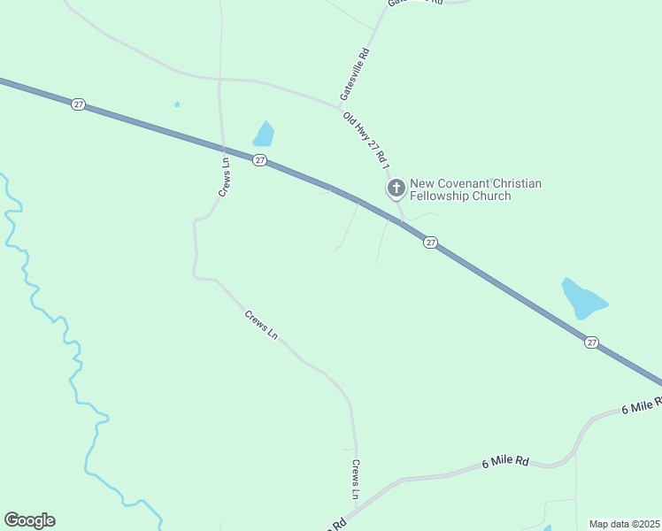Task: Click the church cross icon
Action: (396, 188)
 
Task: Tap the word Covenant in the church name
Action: (466, 183)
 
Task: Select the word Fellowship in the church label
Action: (443, 196)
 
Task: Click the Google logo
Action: (29, 520)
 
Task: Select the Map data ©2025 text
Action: (624, 524)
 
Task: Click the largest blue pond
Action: (583, 298)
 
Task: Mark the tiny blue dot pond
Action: (177, 104)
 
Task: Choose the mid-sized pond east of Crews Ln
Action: (264, 135)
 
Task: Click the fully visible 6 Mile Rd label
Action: (505, 462)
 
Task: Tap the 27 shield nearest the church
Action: (430, 242)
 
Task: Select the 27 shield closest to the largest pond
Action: (591, 342)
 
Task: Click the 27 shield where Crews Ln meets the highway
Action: (259, 160)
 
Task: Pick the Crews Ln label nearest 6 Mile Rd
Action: (356, 478)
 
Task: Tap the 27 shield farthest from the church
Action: (79, 104)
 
